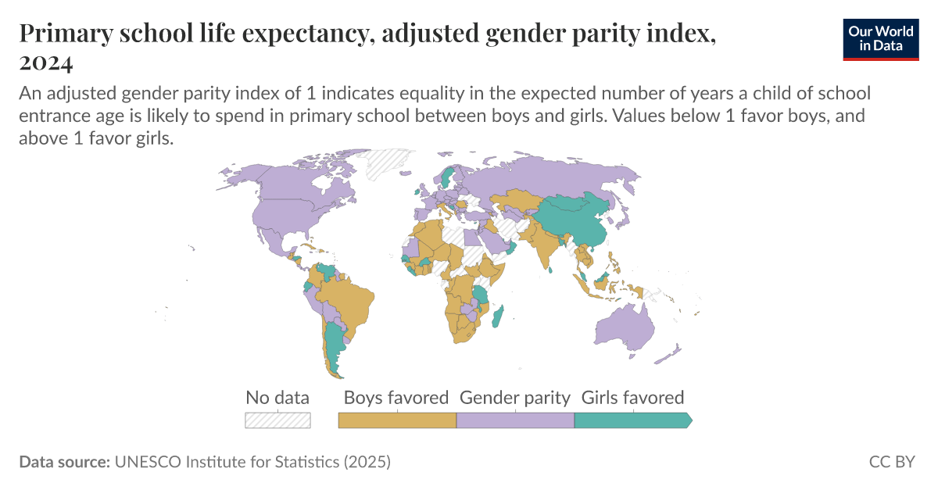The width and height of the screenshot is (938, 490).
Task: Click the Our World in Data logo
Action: tap(880, 38)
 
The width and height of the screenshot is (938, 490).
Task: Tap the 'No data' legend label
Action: tap(277, 397)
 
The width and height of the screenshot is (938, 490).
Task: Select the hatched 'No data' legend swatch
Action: tap(277, 420)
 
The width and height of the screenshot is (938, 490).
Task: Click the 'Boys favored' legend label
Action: tap(396, 397)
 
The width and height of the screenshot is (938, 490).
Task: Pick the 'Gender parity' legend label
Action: tap(515, 397)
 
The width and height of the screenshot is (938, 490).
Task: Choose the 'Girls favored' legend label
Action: tap(632, 397)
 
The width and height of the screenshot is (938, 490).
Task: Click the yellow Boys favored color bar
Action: tap(397, 420)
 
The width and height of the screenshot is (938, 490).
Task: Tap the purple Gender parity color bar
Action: tap(515, 420)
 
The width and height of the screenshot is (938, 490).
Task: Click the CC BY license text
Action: tap(891, 462)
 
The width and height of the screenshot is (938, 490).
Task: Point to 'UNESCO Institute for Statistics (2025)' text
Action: tap(252, 462)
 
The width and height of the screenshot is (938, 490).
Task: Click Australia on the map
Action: tap(626, 328)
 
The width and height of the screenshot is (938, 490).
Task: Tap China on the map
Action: tap(575, 218)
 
